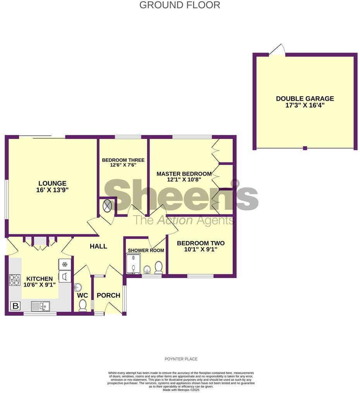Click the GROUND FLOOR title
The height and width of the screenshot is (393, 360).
[x=180, y=5]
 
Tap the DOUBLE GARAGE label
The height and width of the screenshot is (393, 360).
[x=305, y=99]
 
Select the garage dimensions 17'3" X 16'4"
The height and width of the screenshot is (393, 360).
[x=305, y=105]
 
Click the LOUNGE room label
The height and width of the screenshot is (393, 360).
[x=52, y=183]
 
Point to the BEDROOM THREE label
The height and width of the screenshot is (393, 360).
[x=123, y=160]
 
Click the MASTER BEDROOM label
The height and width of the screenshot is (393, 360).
[x=184, y=174]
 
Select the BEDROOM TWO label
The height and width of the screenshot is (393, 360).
[x=201, y=243]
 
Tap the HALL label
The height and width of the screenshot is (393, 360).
[x=98, y=246]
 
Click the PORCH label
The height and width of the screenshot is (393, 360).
[x=108, y=296]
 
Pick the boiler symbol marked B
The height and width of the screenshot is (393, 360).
[x=15, y=306]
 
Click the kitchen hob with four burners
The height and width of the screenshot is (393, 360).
[x=15, y=280]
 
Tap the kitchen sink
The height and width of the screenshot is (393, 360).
[x=40, y=306]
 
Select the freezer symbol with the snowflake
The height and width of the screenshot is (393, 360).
[x=65, y=264]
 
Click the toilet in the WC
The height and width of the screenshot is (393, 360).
[x=82, y=306]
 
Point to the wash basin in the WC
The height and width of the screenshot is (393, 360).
[x=78, y=287]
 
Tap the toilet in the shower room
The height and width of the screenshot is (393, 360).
[x=158, y=267]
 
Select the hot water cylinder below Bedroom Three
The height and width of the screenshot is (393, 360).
[x=107, y=206]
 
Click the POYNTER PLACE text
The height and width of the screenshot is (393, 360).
[x=181, y=359]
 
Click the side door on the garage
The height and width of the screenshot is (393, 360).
[x=278, y=50]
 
